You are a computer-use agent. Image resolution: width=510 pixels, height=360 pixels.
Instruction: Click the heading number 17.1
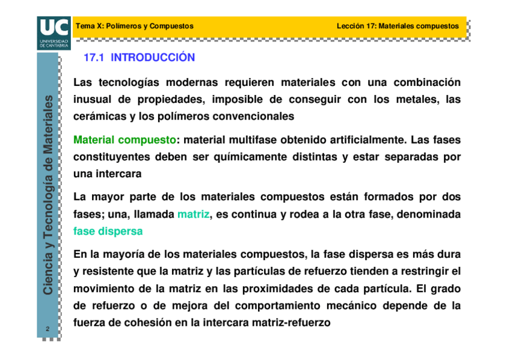click(x=94, y=58)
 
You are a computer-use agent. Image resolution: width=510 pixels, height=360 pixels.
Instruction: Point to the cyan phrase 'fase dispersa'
click(x=108, y=231)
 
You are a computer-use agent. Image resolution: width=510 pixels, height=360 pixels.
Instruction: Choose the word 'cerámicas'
click(x=97, y=115)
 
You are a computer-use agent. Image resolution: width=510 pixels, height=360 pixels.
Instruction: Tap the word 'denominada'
click(x=431, y=215)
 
